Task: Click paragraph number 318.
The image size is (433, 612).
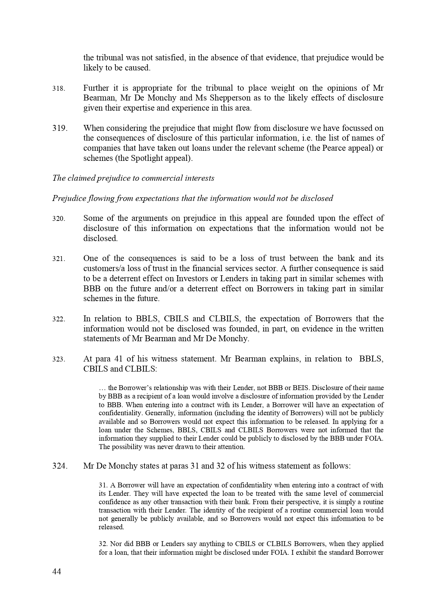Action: point(59,89)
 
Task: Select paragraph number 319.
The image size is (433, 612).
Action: point(60,128)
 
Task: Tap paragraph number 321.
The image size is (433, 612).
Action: point(59,259)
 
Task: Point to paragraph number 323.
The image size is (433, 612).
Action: point(59,359)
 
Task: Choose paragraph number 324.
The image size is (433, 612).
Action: point(60,466)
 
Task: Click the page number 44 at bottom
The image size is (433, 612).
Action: point(57,572)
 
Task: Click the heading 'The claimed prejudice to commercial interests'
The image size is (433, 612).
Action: point(133,178)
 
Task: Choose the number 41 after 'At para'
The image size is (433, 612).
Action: point(121,359)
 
